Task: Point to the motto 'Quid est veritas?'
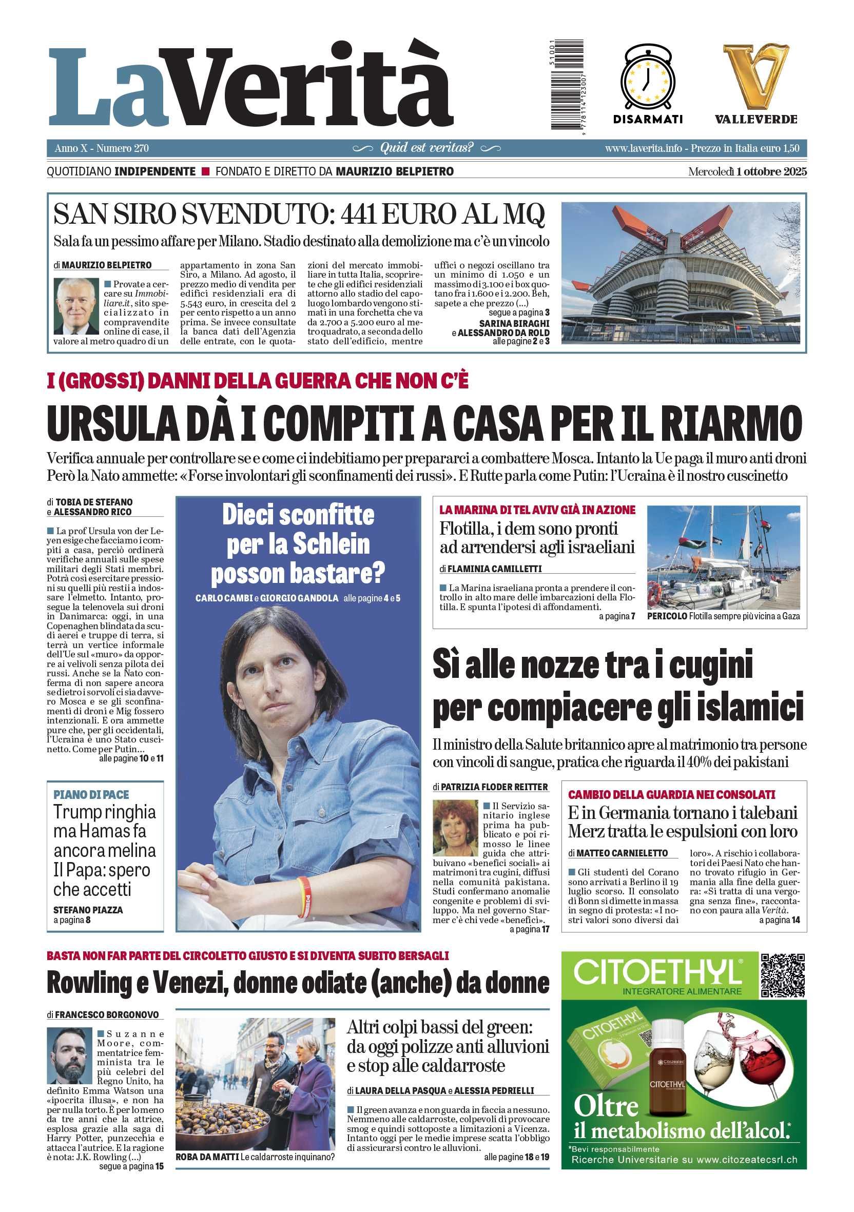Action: pyautogui.click(x=426, y=148)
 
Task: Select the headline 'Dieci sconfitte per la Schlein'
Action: pyautogui.click(x=298, y=530)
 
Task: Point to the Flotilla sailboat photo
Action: pyautogui.click(x=723, y=557)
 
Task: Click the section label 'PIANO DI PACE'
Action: pyautogui.click(x=91, y=794)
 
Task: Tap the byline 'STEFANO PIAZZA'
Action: pyautogui.click(x=88, y=910)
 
